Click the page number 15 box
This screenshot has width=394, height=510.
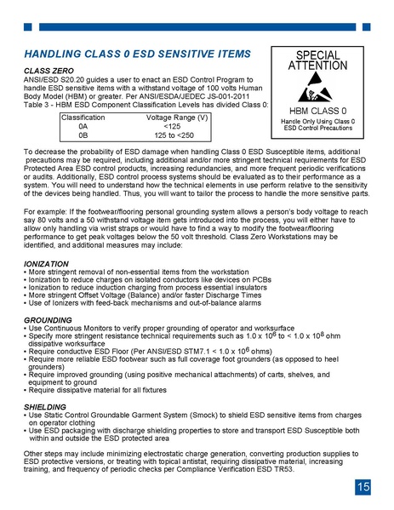click(x=363, y=488)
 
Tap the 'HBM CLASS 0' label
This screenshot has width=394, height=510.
click(x=318, y=112)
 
